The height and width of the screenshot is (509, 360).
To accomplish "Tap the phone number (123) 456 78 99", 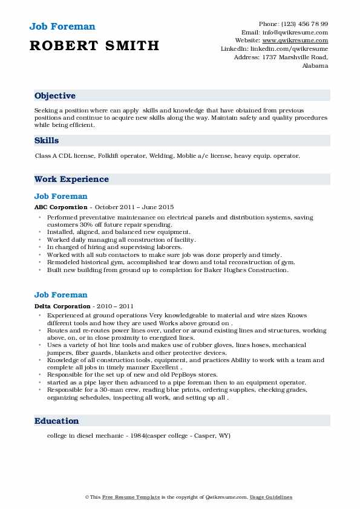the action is [302, 24].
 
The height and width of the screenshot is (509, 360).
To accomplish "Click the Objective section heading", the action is [55, 96].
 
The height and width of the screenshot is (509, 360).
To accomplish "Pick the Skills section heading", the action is [47, 140].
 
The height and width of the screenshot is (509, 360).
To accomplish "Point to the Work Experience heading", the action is [71, 179].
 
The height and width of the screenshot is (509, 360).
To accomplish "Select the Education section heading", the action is [56, 421].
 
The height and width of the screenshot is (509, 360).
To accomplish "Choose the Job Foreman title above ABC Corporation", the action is [61, 196].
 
